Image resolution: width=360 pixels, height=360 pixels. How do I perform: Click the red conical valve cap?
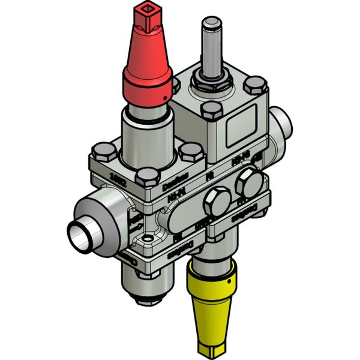pyautogui.click(x=148, y=66)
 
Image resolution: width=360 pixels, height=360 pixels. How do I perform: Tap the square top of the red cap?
pyautogui.click(x=145, y=13)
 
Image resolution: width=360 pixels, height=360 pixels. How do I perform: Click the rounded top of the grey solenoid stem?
pyautogui.click(x=211, y=24)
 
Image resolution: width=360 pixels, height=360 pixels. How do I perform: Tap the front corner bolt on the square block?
pyautogui.click(x=210, y=112)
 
